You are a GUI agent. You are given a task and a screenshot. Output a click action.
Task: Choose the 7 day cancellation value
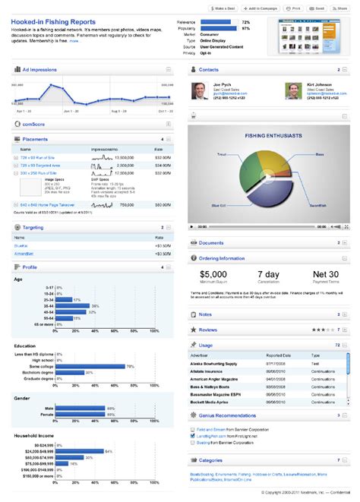(x=270, y=274)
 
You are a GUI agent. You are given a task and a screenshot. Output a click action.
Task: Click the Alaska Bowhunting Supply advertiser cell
(x=222, y=363)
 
